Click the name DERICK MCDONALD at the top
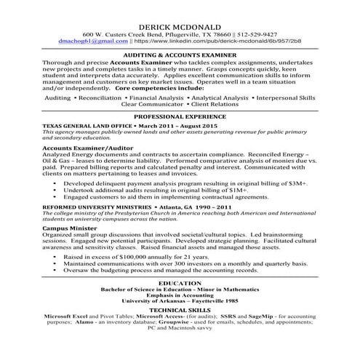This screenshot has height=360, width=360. (180, 25)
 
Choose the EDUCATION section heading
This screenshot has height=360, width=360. (180, 283)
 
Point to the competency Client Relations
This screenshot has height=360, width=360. (220, 105)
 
